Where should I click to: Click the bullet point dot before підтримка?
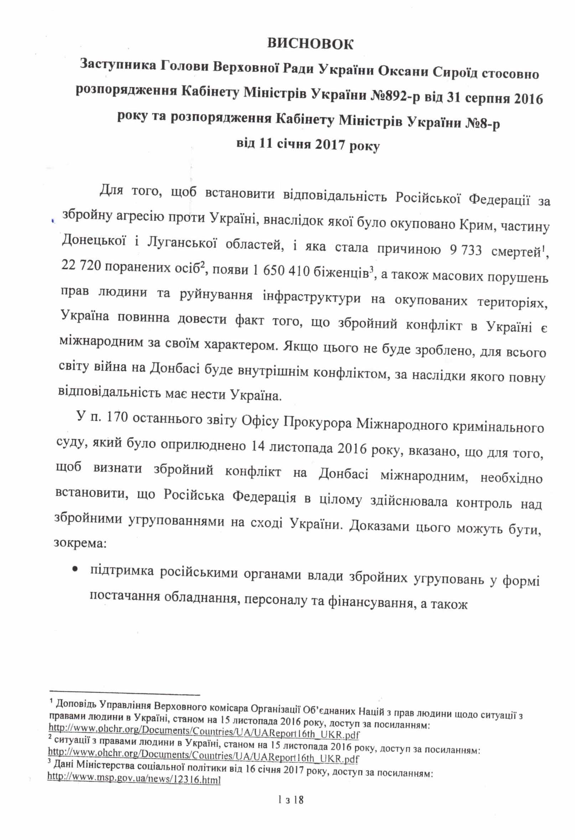click(x=75, y=569)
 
